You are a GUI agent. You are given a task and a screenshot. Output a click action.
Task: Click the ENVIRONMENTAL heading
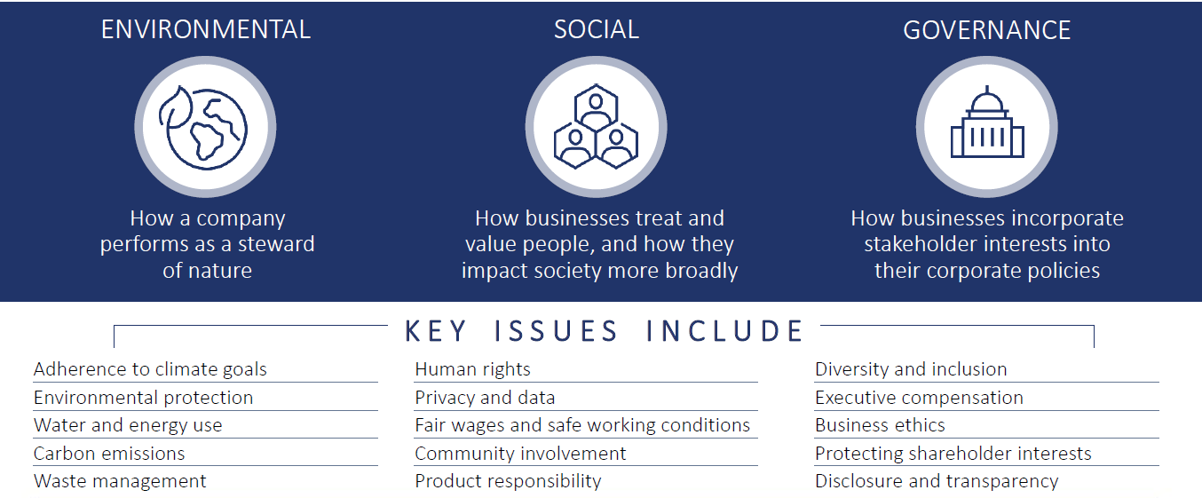206,29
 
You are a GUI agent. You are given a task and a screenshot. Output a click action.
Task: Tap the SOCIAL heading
597,29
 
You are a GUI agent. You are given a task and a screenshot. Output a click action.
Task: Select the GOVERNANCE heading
986,30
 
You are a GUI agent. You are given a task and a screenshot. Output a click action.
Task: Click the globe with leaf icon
203,128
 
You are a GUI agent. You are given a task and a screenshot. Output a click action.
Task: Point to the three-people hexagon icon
596,127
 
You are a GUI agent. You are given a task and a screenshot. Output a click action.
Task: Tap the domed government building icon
987,122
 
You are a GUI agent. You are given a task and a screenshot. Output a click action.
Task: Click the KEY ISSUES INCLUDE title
604,330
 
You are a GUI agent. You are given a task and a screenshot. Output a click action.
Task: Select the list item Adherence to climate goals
150,369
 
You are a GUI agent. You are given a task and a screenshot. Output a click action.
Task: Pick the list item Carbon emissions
109,454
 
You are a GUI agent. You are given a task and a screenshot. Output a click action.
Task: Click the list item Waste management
120,481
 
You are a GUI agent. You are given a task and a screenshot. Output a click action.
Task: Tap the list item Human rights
473,369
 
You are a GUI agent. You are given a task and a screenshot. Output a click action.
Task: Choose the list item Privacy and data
485,398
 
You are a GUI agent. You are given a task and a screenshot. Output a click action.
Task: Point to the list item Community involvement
520,454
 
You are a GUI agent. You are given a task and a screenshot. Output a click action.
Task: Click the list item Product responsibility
508,481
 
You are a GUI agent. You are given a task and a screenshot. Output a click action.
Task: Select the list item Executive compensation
919,398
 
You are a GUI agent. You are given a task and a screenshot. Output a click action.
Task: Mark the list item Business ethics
880,425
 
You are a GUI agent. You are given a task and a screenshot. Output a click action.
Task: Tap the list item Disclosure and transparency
937,481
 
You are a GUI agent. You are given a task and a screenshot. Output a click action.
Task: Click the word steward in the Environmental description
276,244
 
